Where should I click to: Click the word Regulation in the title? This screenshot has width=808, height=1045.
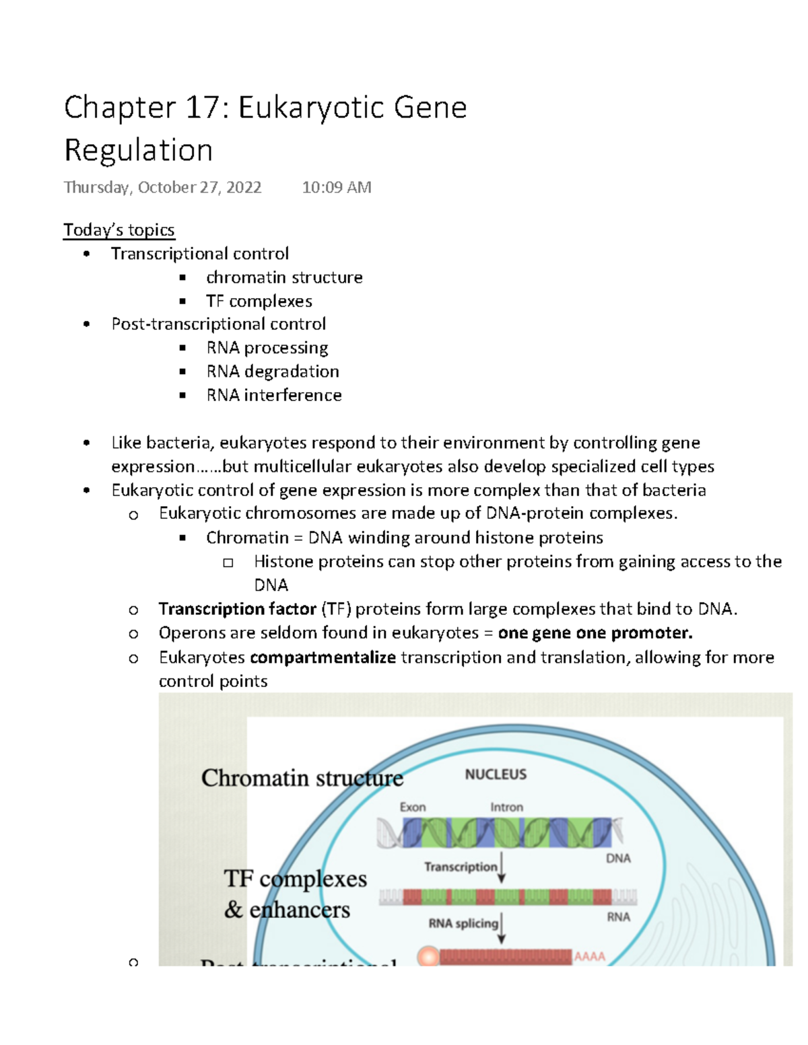pos(138,150)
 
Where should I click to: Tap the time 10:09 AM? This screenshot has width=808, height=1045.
pos(337,187)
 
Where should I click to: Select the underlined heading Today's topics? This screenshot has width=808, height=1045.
pos(119,230)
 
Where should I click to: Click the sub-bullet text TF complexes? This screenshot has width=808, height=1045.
pos(259,301)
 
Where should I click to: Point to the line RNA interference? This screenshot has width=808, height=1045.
pos(274,395)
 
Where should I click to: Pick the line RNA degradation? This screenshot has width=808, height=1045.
pos(273,371)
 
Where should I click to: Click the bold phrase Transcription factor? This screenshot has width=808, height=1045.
pos(237,609)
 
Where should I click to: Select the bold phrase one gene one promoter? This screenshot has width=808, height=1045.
pos(595,633)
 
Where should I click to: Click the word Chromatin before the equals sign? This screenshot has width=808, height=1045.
pos(247,538)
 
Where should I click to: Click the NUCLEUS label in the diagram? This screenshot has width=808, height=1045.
pos(496,774)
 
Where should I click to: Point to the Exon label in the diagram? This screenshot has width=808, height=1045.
pos(413,807)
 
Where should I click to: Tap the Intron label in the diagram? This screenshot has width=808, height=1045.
pos(506,807)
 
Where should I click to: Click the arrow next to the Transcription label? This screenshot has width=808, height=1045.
pos(502,868)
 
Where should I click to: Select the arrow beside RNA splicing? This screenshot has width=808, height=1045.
pos(502,928)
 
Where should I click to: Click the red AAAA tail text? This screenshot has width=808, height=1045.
pos(590,956)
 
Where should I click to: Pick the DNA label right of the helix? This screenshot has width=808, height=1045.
pos(618,859)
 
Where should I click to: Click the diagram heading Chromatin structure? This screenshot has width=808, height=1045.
pos(302,778)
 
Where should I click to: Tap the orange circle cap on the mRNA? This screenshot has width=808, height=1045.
pos(428,957)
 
